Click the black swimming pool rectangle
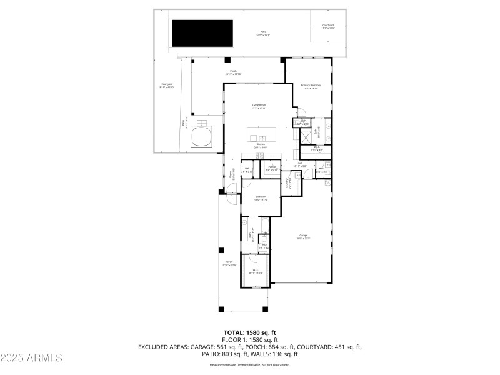point(202,32)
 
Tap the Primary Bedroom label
point(311,86)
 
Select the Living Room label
point(259,106)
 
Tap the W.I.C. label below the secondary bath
point(256,271)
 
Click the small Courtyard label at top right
point(328,26)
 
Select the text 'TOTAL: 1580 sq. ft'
point(250,332)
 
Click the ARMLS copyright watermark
point(31,358)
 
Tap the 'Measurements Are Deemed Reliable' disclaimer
point(250,364)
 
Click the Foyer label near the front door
point(235,177)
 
